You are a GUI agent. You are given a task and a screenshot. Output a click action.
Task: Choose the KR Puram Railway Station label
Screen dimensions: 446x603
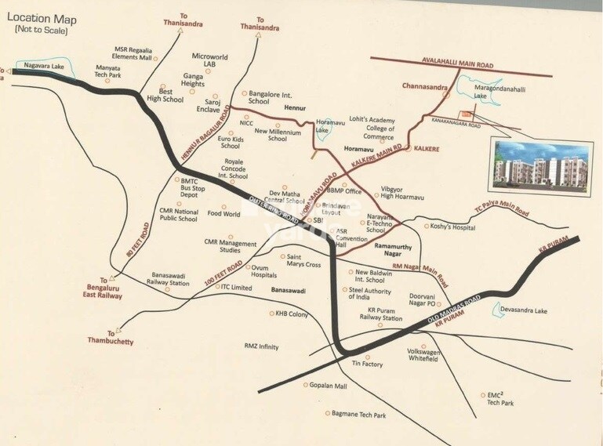click(384, 314)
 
